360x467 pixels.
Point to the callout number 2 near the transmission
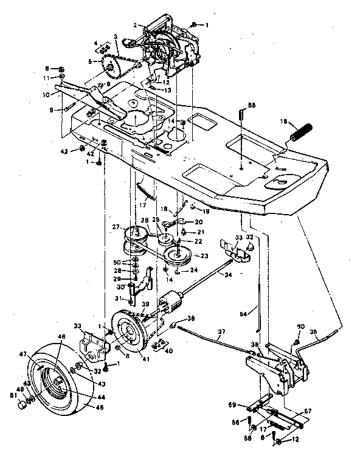pos(136,26)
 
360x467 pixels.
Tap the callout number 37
pos(221,331)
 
